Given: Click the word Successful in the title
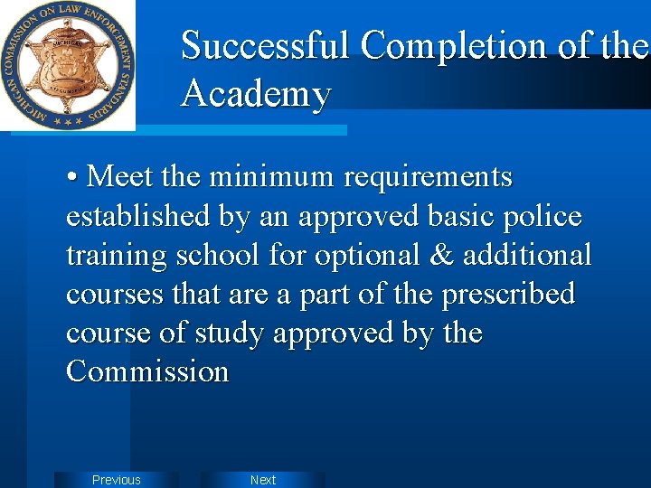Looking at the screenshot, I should click(264, 45).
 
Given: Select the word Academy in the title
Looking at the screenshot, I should click(256, 93).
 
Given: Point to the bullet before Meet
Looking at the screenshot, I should click(72, 178).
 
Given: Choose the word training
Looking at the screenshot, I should click(118, 256).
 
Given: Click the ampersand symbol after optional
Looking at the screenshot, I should click(440, 256).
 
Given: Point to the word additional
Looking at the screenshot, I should click(527, 256).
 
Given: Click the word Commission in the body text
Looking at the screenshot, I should click(147, 372).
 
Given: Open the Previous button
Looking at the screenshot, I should click(117, 480).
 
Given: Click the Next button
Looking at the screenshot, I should click(263, 480).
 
